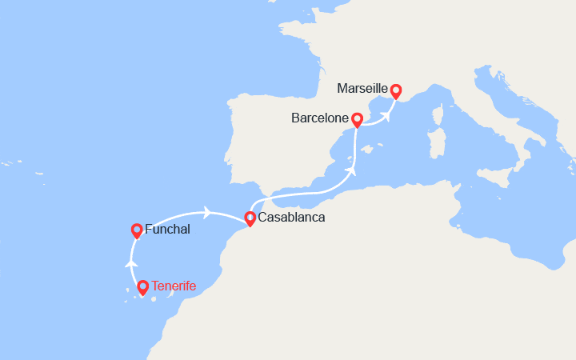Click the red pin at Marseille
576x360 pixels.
tap(395, 91)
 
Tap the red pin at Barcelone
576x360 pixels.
tap(358, 120)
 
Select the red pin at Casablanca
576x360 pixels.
tap(250, 217)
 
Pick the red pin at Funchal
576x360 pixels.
tap(137, 230)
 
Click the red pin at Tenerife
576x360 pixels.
tap(142, 286)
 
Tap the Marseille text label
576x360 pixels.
tap(363, 89)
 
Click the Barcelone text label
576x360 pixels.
tap(320, 118)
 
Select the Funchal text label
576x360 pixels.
tap(167, 230)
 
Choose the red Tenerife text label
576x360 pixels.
tap(175, 286)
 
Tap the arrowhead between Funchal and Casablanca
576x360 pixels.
tap(208, 212)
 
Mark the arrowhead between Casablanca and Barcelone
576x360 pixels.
tap(350, 170)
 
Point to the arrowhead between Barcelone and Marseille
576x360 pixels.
tap(386, 115)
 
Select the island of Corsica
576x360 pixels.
tap(438, 110)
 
